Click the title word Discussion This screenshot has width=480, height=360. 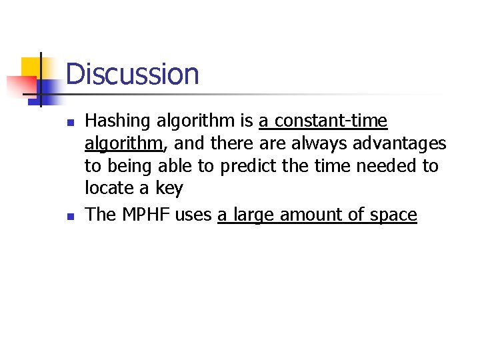point(132,74)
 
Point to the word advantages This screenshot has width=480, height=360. point(399,143)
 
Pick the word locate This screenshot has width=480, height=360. point(109,188)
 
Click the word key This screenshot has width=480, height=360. point(169,189)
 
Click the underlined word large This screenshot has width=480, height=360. point(251,215)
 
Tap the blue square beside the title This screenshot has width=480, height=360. point(48,87)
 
